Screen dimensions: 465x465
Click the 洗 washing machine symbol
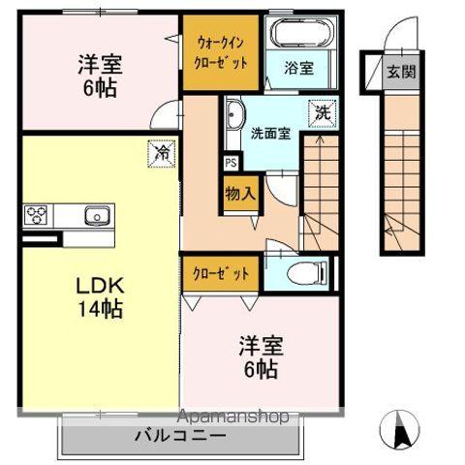[x=321, y=111]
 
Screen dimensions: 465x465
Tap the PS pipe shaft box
[x=231, y=164]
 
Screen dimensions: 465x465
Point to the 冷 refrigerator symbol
[x=164, y=152]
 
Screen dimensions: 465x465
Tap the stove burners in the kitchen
[x=37, y=215]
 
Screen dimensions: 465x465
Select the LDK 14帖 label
[x=99, y=300]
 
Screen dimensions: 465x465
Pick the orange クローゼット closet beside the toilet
[x=221, y=273]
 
